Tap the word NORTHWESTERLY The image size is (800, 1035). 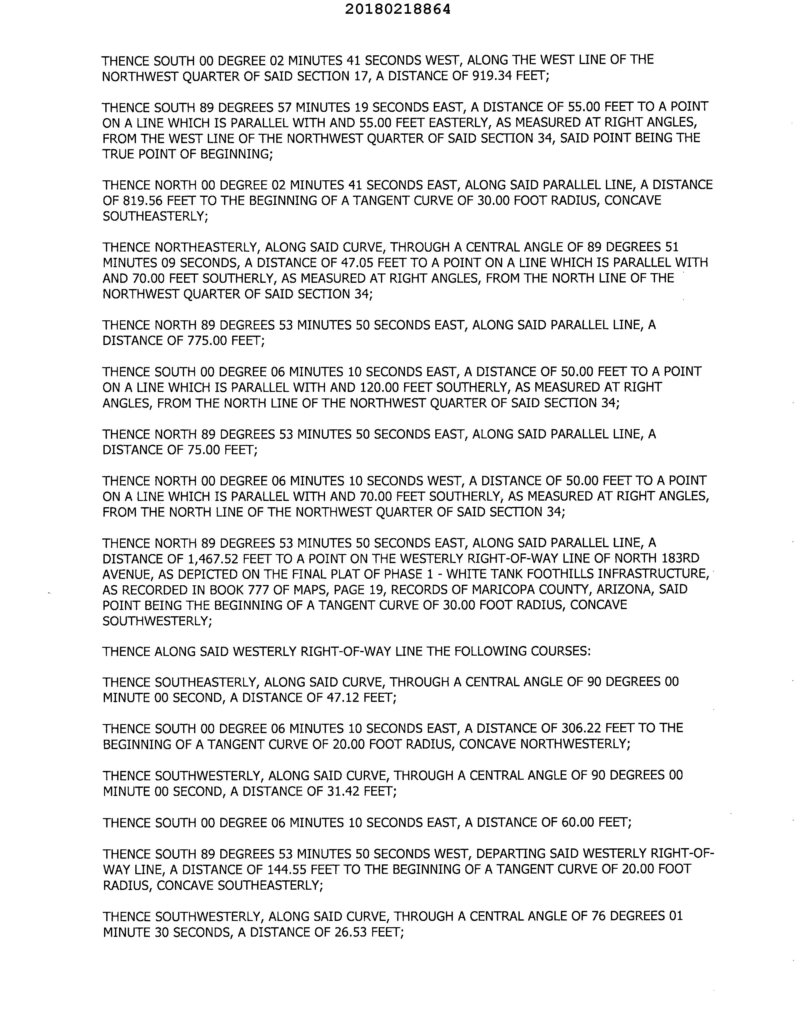click(x=575, y=744)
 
